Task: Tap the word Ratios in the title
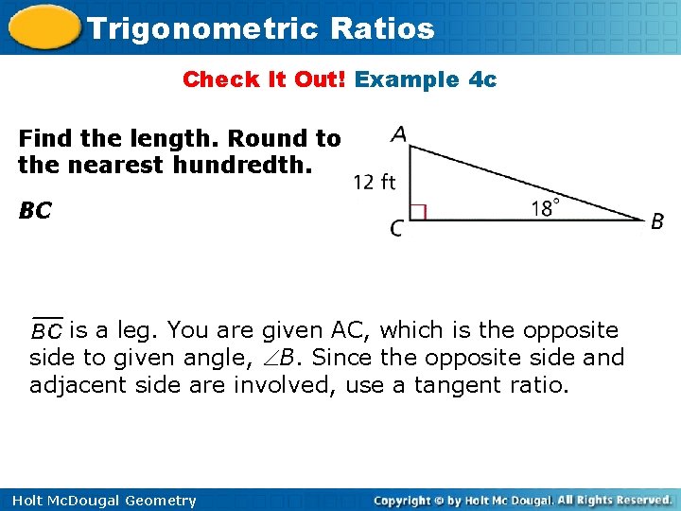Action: pos(383,28)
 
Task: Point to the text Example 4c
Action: pos(426,79)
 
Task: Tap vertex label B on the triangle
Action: pos(657,222)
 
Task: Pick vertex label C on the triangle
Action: pos(396,228)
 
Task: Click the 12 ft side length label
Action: pos(375,182)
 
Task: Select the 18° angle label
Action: pos(546,207)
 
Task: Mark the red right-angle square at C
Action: pos(417,212)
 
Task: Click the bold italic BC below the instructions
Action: pos(34,211)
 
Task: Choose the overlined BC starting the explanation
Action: pos(46,330)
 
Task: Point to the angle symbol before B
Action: pos(269,359)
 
